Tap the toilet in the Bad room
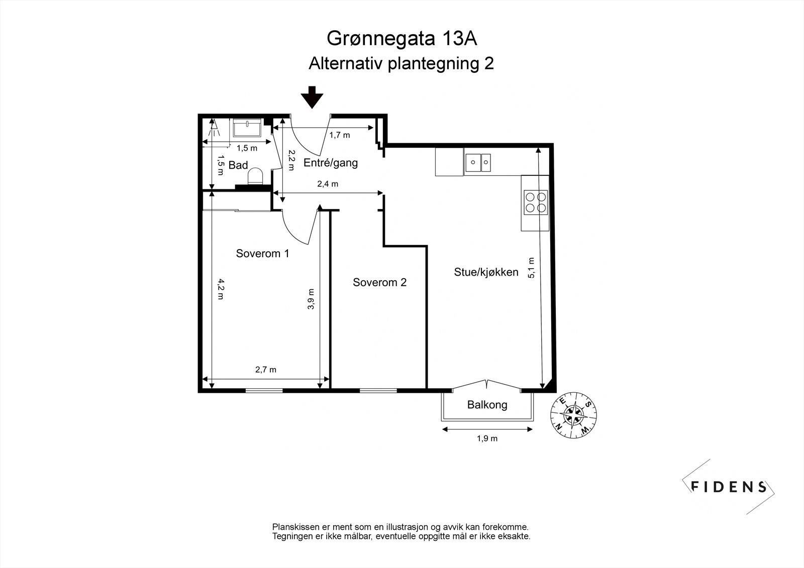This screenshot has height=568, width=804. [x=256, y=176]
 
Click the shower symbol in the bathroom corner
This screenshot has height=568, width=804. [x=214, y=128]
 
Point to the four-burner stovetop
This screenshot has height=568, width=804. [x=535, y=202]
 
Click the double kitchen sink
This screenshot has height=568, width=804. [x=478, y=162]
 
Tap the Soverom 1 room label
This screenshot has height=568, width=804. [x=262, y=254]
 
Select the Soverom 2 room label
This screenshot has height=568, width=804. [x=379, y=282]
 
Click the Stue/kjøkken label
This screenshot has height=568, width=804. [x=486, y=272]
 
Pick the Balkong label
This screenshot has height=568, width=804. [x=487, y=405]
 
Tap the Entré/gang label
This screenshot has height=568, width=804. [x=331, y=163]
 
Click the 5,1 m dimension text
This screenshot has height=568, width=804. [x=532, y=268]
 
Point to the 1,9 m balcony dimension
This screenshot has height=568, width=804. [x=487, y=438]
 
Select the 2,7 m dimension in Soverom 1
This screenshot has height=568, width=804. [x=266, y=370]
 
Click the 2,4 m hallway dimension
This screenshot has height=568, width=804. [x=328, y=184]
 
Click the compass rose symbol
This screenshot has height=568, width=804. [x=573, y=414]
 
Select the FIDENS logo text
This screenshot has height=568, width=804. [x=729, y=487]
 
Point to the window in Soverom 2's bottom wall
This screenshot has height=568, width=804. [x=378, y=390]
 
